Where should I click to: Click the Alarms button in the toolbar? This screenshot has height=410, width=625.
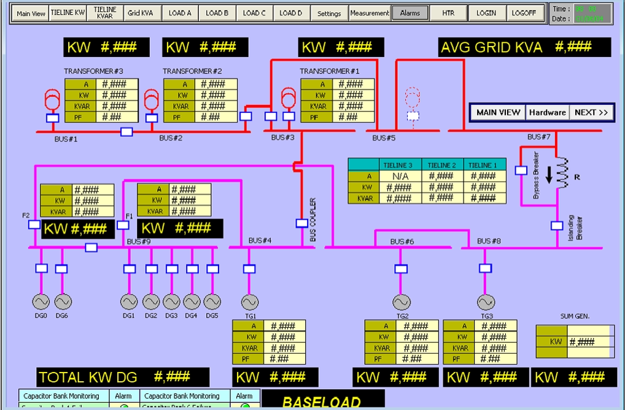tap(410, 13)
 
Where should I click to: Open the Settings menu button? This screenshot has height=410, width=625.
tap(329, 13)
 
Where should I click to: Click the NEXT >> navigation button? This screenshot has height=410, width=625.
tap(591, 112)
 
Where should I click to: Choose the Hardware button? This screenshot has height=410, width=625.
tap(547, 112)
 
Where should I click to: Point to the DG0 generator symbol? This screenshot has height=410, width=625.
tap(41, 301)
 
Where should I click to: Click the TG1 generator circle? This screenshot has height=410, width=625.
tap(249, 303)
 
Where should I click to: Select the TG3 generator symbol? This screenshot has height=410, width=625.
tap(486, 303)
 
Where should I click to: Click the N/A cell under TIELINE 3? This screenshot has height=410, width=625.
tap(398, 176)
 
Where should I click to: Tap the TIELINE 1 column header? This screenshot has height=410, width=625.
tap(483, 164)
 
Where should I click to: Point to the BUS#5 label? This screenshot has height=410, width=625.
tap(384, 138)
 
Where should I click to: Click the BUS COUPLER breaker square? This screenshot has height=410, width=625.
tap(301, 223)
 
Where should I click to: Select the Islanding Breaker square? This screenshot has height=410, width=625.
tap(557, 225)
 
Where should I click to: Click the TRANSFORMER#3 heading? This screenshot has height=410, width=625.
tap(93, 71)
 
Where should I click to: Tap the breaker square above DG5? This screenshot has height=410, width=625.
tap(212, 269)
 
